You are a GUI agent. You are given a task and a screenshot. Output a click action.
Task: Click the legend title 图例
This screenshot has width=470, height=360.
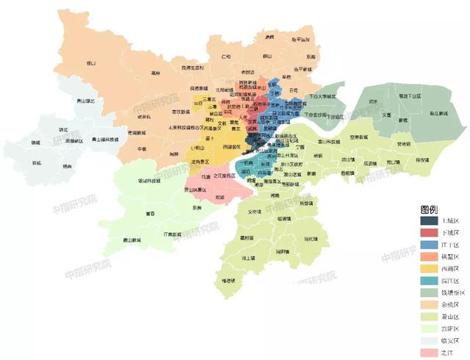click(430, 209)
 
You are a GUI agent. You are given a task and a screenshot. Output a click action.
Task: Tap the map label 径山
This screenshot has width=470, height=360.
click(91, 63)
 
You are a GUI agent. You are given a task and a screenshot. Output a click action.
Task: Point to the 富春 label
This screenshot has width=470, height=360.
click(151, 213)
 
